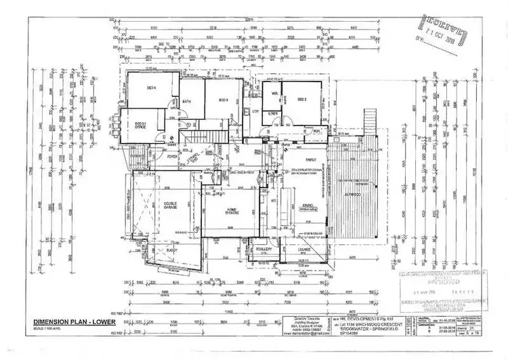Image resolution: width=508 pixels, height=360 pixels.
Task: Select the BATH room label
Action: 187,102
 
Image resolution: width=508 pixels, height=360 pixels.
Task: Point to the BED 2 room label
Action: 302,100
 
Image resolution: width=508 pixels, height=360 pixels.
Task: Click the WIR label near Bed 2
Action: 275,94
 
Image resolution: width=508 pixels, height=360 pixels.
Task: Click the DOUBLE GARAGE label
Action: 170,205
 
